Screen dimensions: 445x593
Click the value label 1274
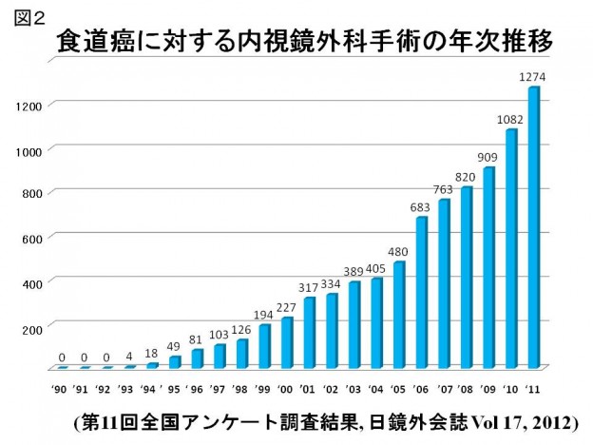tap(530, 76)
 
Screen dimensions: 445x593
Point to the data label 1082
tap(509, 119)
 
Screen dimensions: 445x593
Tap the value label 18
tap(151, 352)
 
